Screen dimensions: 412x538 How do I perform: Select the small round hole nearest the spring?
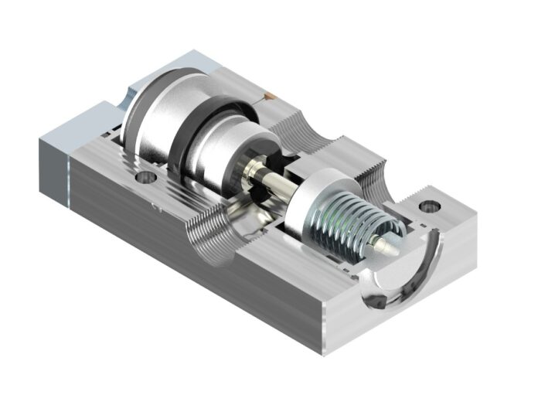427,207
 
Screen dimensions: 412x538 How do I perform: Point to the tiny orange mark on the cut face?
267,97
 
